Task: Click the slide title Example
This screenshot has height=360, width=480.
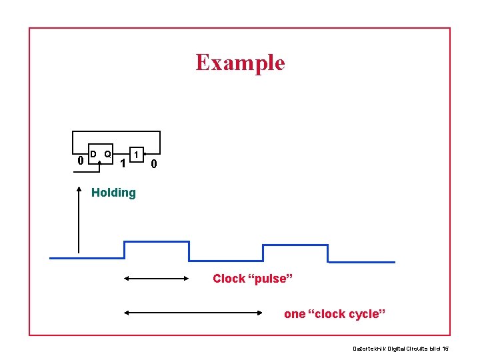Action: click(240, 63)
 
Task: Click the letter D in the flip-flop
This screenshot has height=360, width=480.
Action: click(94, 154)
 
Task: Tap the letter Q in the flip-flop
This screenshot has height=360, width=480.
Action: click(107, 154)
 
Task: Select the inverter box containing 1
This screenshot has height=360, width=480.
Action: click(136, 155)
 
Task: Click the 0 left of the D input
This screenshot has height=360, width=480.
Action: click(80, 160)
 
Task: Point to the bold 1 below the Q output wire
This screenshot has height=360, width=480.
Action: click(122, 163)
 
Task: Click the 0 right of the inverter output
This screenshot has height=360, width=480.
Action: click(153, 164)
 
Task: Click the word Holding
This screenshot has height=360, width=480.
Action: click(113, 193)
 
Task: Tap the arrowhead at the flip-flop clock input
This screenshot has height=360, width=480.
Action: click(99, 162)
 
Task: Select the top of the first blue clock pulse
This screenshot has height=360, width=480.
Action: click(157, 241)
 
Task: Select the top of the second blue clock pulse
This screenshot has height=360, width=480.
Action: click(295, 245)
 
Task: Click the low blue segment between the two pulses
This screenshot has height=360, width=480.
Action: click(226, 261)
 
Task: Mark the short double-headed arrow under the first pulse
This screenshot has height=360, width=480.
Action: click(157, 279)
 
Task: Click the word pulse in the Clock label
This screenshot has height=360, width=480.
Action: click(271, 279)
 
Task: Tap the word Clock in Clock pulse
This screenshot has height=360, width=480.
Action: click(229, 279)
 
